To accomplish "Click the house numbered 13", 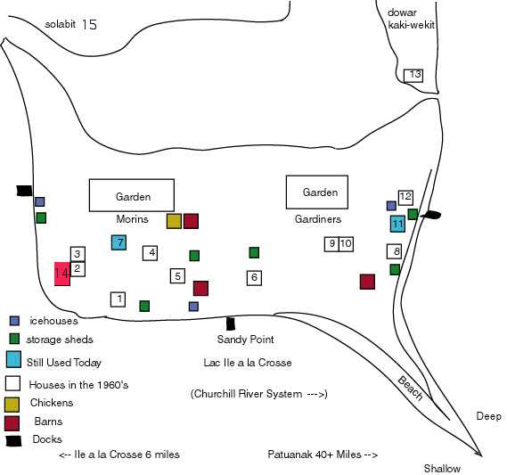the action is [413, 76].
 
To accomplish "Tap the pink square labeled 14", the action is [62, 274].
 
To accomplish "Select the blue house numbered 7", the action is [119, 242].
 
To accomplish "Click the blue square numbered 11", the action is [397, 224].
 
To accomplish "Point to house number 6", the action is [254, 278].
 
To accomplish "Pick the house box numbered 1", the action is [119, 299].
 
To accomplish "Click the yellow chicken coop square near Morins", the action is [174, 221].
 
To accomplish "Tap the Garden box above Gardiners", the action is [317, 192].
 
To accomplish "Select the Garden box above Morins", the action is [132, 195].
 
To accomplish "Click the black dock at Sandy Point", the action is [230, 323].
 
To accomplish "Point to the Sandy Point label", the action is [245, 340].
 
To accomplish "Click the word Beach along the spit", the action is [410, 388].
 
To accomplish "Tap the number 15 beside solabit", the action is [89, 25].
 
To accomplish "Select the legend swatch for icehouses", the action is [14, 321].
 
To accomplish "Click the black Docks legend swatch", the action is [14, 441].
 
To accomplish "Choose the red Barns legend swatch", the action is [12, 423].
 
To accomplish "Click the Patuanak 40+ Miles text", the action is [323, 455].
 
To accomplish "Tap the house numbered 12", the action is [405, 197].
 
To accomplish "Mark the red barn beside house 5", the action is [200, 288].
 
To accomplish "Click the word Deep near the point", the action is [488, 416].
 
